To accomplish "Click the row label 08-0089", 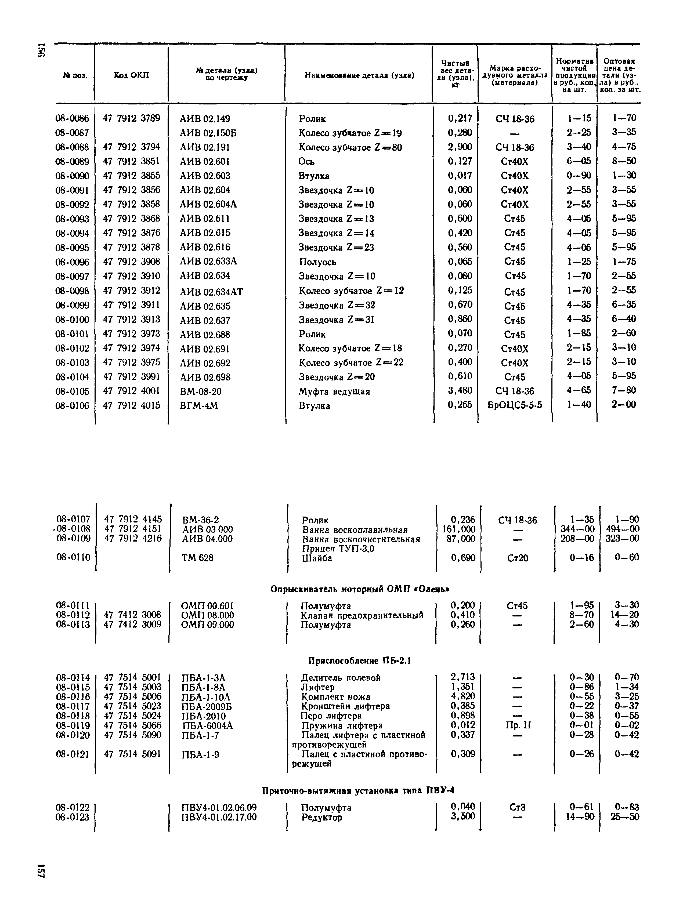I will (72, 162).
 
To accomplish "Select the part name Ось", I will (306, 162).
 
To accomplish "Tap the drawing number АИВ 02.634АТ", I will (211, 292).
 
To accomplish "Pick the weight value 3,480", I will (460, 390).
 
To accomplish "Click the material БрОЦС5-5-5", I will (514, 405).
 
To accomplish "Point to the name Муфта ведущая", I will (334, 391).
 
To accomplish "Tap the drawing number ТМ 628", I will (198, 558).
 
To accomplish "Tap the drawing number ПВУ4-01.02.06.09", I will (219, 807).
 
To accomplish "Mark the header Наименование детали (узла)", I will (359, 75).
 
